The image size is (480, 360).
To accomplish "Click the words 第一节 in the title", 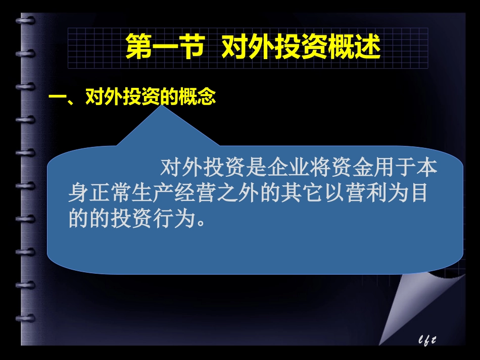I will pyautogui.click(x=163, y=47).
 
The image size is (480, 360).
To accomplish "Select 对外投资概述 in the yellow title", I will pyautogui.click(x=301, y=47).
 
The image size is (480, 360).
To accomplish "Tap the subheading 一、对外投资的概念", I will pyautogui.click(x=131, y=96).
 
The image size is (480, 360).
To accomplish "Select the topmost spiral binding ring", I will pyautogui.click(x=25, y=21).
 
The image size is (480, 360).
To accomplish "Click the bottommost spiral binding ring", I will pyautogui.click(x=25, y=318).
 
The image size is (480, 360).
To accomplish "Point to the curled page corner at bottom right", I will pyautogui.click(x=404, y=303).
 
